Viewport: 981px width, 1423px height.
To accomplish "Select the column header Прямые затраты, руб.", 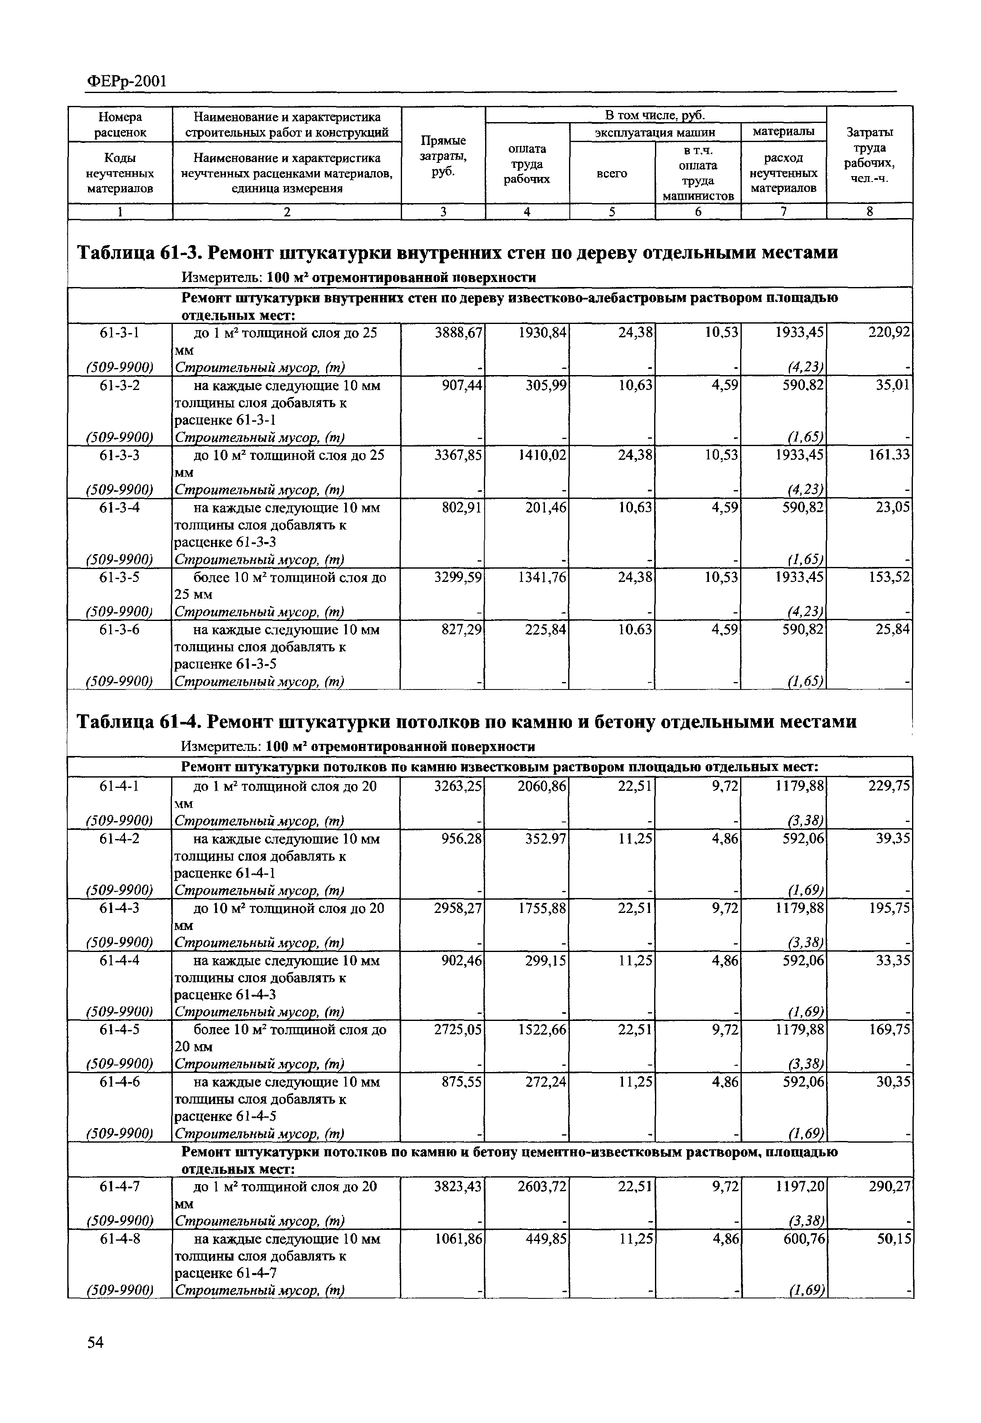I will click(x=443, y=156).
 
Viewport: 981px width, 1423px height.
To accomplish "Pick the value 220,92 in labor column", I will click(x=889, y=333).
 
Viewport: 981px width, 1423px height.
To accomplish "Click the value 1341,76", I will click(x=543, y=577).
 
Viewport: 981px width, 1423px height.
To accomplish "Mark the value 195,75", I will click(x=889, y=908).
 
